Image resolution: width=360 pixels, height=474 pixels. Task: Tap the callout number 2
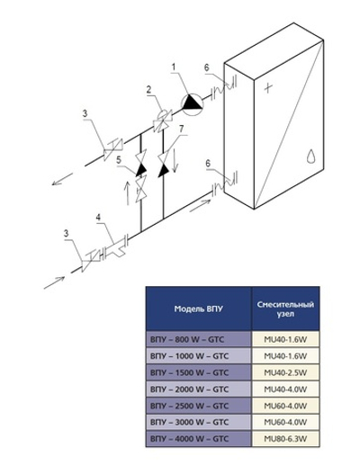coord(148,90)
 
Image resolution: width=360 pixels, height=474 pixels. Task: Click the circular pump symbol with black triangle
coord(190,103)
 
